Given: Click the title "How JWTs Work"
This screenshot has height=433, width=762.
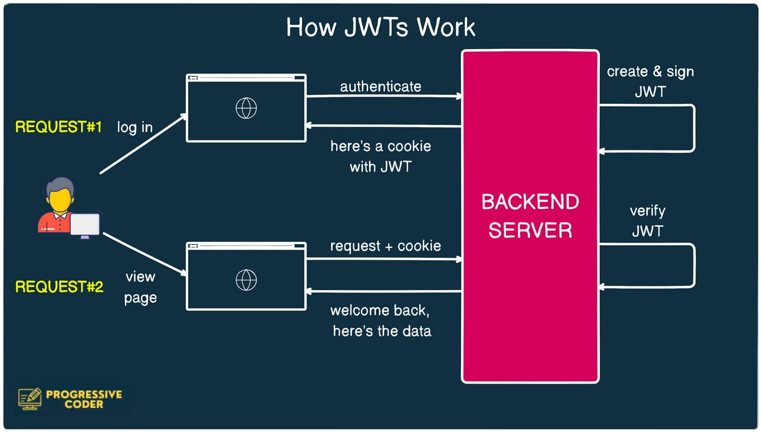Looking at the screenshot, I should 380,28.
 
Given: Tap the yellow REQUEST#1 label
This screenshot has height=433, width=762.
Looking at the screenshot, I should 59,127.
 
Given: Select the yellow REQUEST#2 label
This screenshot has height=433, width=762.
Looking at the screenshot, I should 59,287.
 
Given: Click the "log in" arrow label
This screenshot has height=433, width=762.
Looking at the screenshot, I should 134,127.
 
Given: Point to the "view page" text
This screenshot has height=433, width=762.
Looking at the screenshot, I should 140,287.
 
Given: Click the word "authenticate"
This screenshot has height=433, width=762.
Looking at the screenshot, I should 380,87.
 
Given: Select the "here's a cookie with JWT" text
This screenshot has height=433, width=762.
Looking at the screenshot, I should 380,156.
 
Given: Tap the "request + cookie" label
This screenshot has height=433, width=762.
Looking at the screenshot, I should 385,246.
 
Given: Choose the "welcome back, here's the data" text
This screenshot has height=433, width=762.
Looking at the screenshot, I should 381,320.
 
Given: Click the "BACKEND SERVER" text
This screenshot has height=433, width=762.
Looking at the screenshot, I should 530,215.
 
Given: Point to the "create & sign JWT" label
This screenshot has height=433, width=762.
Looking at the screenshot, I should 650,81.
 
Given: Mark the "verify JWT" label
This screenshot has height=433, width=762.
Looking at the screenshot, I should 648,221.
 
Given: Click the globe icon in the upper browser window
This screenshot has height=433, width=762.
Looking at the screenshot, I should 246,108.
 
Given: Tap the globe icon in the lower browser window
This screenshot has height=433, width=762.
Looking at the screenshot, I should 246,280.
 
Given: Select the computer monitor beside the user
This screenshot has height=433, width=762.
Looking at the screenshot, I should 85,225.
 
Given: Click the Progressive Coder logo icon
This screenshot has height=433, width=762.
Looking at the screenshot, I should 29,399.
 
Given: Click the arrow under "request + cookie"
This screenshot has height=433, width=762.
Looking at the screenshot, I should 383,258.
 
